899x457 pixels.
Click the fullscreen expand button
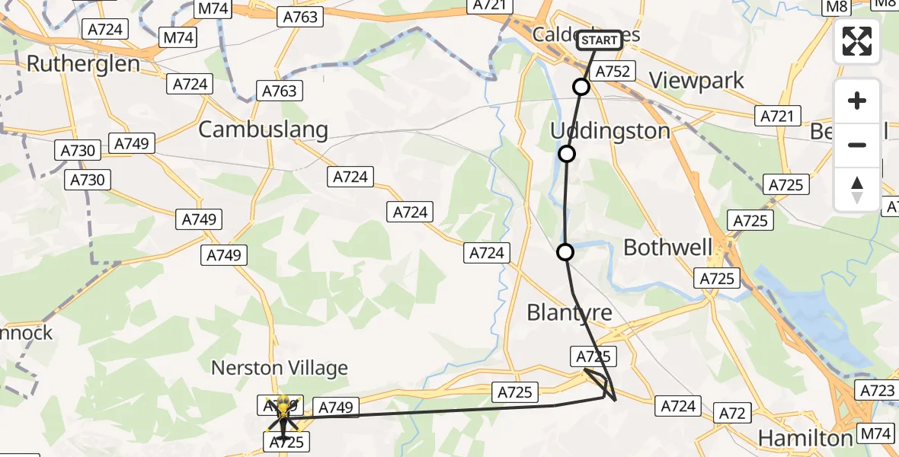[x=857, y=41]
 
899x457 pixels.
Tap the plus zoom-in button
[x=857, y=101]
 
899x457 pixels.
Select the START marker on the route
[x=600, y=40]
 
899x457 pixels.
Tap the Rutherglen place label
[x=83, y=63]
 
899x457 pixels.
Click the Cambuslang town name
[x=263, y=129]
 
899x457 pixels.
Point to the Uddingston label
[x=610, y=131]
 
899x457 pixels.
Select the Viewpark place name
[x=696, y=81]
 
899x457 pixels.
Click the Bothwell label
[x=668, y=248]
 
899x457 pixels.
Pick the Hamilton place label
[x=806, y=438]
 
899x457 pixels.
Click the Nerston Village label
[x=279, y=368]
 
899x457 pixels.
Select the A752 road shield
[x=613, y=72]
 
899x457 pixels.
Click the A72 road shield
[x=731, y=414]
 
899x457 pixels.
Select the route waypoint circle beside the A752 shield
[x=581, y=87]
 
